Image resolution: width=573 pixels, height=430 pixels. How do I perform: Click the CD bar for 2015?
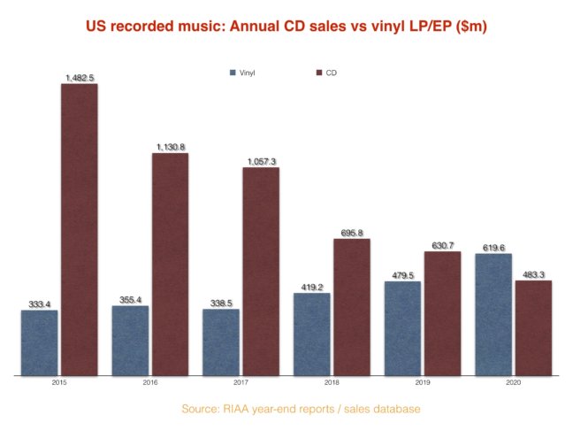tap(78, 230)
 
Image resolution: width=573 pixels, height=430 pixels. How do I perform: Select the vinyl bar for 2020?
tap(493, 315)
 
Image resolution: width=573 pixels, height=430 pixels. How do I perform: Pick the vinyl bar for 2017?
tap(220, 342)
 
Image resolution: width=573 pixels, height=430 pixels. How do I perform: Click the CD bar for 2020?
tap(533, 328)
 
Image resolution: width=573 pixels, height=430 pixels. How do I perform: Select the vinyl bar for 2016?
tap(130, 341)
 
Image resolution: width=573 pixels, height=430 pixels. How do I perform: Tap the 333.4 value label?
tap(39, 304)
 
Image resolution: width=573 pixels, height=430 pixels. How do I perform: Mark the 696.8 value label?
tap(352, 234)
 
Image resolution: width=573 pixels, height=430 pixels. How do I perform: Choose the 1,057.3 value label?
tap(261, 162)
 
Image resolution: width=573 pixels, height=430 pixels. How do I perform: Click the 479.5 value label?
tap(402, 276)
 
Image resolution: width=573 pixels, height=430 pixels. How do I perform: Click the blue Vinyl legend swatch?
tap(233, 71)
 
